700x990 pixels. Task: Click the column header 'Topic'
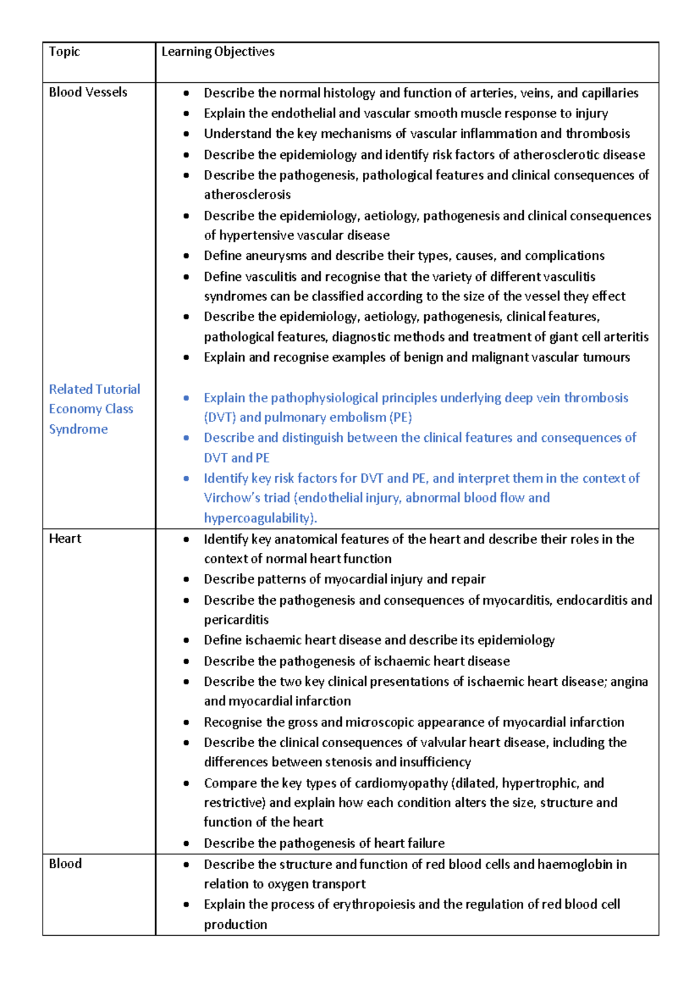point(64,52)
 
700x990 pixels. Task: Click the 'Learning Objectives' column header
point(218,52)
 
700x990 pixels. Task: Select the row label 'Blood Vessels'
point(88,92)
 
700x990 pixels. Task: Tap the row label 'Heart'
point(65,539)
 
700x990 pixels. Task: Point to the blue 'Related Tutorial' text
point(94,389)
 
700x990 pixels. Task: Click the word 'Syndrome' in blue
point(78,430)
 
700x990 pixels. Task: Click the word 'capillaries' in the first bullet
point(610,93)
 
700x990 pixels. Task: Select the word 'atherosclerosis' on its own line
point(247,195)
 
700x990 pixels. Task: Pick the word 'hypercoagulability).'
point(260,518)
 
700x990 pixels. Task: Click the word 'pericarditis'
point(236,620)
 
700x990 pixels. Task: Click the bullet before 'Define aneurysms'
point(186,256)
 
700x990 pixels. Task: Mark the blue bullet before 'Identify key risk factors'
point(186,479)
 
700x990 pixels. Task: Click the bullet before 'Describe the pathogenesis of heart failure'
point(186,843)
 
